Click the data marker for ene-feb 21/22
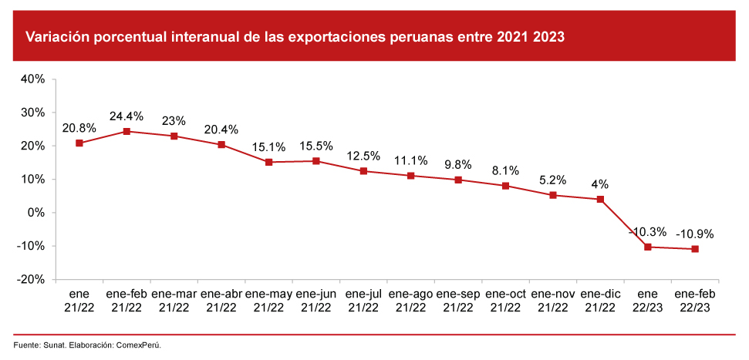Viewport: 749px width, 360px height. (x=127, y=131)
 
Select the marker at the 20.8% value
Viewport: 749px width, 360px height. (x=79, y=143)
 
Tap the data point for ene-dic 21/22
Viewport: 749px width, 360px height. (x=600, y=199)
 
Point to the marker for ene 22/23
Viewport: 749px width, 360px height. (x=647, y=247)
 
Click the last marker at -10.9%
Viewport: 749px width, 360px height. (x=695, y=249)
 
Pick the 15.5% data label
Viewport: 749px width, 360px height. (x=315, y=146)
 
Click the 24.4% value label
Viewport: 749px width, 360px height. (x=127, y=116)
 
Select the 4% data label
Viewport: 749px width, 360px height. (x=600, y=184)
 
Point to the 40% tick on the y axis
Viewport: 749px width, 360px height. (x=35, y=79)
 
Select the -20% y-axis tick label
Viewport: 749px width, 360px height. (x=33, y=280)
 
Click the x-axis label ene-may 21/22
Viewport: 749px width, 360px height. (x=268, y=301)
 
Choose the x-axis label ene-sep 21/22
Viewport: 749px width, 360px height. (x=458, y=301)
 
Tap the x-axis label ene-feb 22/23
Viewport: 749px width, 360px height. (x=695, y=301)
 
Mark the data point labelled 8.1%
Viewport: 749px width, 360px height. (x=505, y=186)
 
